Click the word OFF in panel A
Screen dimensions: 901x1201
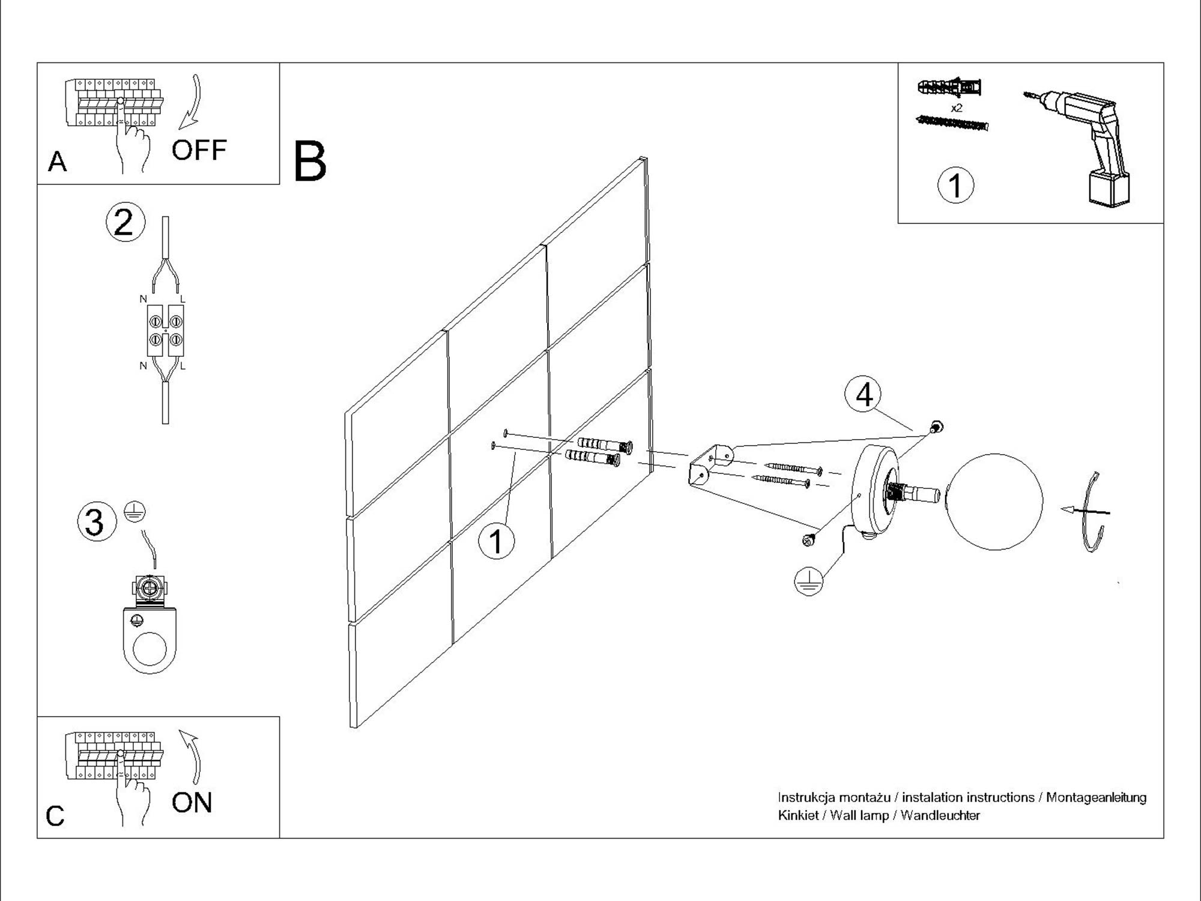click(199, 150)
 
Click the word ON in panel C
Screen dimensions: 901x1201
click(192, 802)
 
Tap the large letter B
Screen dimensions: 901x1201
click(310, 162)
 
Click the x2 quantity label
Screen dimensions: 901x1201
click(957, 108)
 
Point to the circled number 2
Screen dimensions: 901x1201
click(125, 222)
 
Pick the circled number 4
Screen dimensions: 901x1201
click(864, 395)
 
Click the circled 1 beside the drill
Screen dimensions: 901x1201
click(955, 185)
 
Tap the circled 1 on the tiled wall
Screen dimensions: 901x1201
click(496, 541)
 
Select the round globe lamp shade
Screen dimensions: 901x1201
click(994, 502)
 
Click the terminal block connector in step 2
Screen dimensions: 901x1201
click(165, 330)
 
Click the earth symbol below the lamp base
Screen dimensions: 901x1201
click(809, 581)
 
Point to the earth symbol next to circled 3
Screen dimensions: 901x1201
click(135, 512)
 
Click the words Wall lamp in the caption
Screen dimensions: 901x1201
click(859, 816)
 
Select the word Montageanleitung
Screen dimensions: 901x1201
click(1096, 798)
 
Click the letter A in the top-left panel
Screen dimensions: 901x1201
click(57, 162)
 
